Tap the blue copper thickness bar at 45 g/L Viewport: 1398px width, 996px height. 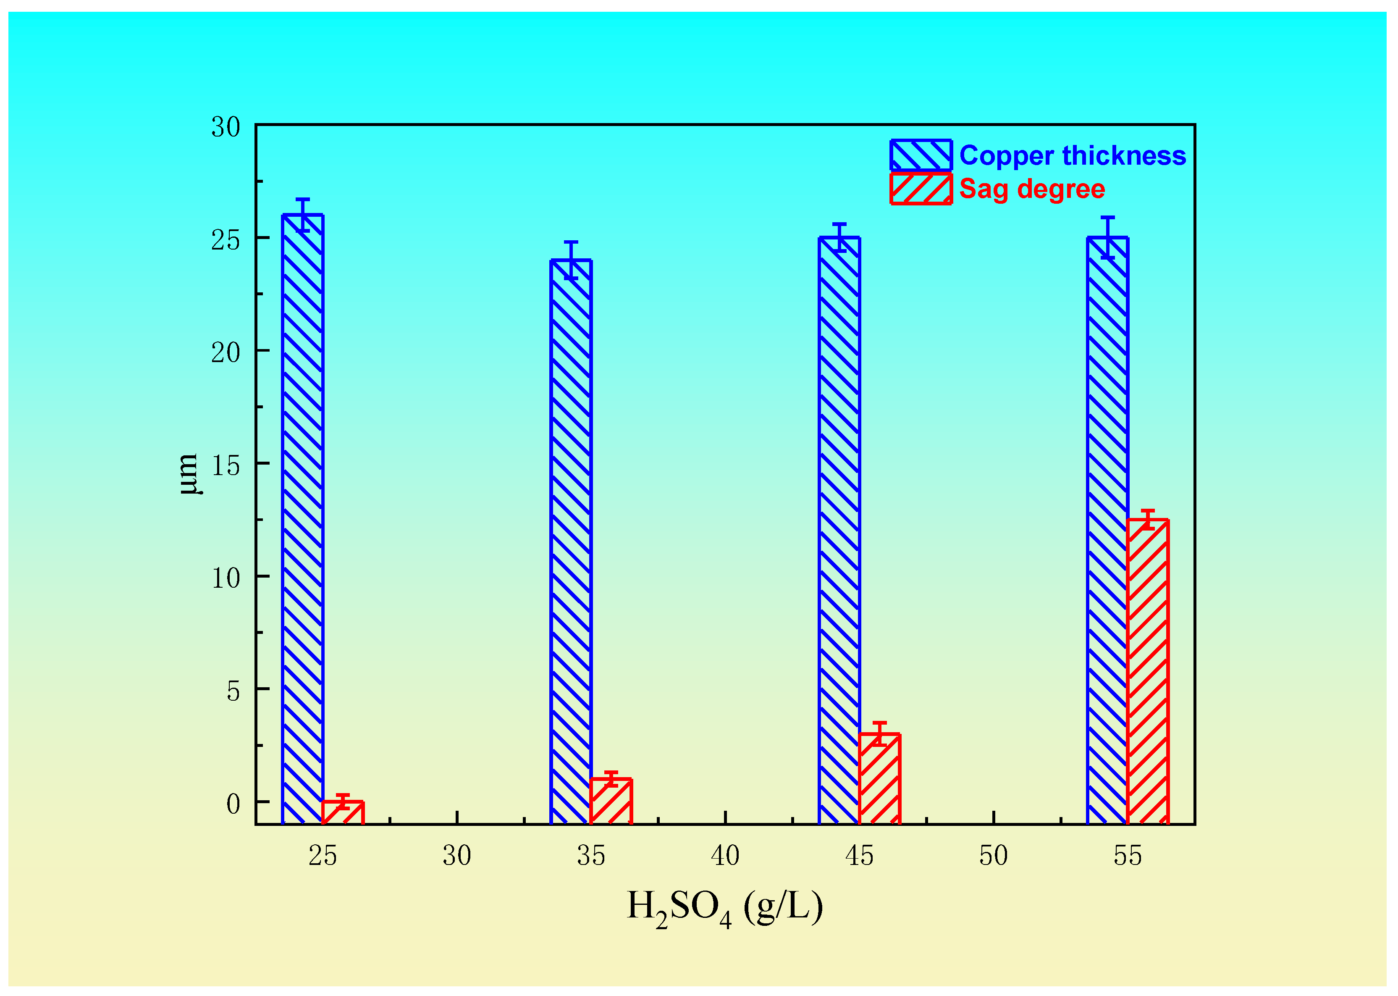click(839, 531)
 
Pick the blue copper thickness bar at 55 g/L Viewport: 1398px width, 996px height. click(1107, 531)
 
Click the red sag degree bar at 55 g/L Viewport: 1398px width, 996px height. click(1148, 672)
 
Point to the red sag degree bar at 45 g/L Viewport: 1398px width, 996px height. click(879, 779)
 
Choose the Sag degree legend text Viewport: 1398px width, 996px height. click(1032, 189)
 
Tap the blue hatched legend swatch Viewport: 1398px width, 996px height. click(921, 155)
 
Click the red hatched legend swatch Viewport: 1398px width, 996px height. click(921, 189)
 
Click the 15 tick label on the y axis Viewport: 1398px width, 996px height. click(226, 465)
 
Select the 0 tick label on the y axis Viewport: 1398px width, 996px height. click(233, 804)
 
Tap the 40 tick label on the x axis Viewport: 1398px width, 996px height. click(725, 856)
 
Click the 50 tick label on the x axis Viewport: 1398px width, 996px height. click(993, 856)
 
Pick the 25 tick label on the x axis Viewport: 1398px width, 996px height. click(323, 856)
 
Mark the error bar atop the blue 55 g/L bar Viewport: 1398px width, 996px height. click(1107, 237)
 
